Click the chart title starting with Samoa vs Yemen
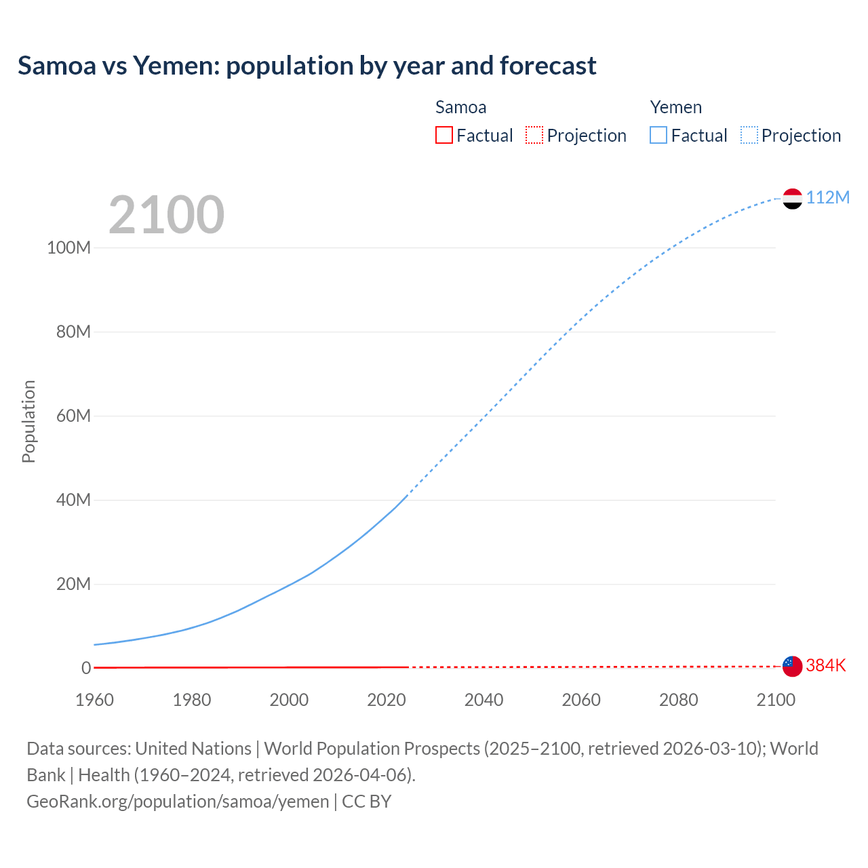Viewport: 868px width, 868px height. [x=307, y=66]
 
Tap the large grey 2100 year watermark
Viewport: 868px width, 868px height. [x=166, y=215]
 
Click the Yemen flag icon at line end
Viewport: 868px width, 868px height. [x=792, y=198]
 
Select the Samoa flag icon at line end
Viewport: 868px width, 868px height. [x=792, y=666]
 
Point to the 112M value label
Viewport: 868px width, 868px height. [x=827, y=197]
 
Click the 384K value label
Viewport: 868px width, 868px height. [x=825, y=665]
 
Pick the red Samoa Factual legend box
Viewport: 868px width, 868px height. [x=443, y=135]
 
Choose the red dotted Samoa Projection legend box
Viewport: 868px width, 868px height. [x=534, y=135]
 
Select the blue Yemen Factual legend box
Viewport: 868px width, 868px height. [x=658, y=135]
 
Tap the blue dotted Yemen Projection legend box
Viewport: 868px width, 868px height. [x=749, y=135]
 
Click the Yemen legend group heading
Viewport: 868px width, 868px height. [x=675, y=107]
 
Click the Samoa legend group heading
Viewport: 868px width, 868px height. [x=460, y=107]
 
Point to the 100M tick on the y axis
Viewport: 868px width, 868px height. [x=68, y=248]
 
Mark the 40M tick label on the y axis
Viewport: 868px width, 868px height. [x=73, y=500]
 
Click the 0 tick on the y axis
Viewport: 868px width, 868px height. [x=86, y=668]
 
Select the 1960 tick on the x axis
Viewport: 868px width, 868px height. [x=94, y=700]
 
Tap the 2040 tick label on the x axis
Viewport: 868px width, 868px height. [x=484, y=700]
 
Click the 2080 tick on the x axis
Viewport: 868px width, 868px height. [x=678, y=700]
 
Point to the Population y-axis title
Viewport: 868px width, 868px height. [x=28, y=421]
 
